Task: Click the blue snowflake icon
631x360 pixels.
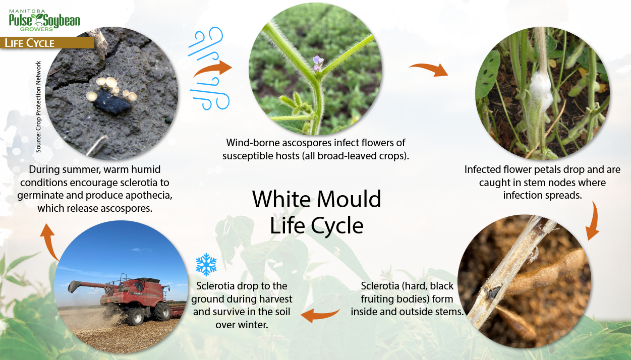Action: coord(206,264)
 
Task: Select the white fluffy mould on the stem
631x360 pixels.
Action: coord(540,90)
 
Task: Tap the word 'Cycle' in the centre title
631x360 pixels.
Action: coord(337,226)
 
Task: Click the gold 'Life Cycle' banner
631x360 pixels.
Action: coord(47,43)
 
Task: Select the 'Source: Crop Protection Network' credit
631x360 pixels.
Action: coord(38,107)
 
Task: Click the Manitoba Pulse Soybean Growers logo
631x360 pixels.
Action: coord(44,20)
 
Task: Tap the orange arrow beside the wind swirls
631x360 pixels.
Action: coord(213,69)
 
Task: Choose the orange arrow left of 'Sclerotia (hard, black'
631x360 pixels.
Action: coord(321,316)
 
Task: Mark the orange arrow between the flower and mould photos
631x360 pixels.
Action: coord(429,69)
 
